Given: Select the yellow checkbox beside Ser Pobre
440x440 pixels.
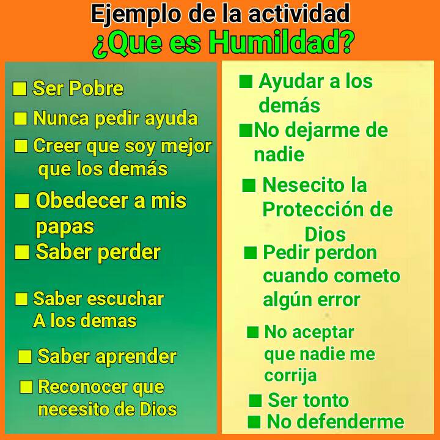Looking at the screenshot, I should tap(20, 89).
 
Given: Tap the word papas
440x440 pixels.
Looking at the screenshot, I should tap(65, 227).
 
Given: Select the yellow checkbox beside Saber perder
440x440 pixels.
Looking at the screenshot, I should tap(22, 252).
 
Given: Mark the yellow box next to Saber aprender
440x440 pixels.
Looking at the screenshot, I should tap(25, 357).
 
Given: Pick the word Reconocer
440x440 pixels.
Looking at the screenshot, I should tap(83, 387).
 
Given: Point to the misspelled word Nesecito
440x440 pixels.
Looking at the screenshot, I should tap(296, 185).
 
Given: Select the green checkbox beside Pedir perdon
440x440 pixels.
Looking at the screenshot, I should tap(250, 253).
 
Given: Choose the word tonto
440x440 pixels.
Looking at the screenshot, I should tap(326, 401).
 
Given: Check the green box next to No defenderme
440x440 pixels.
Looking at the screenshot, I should tap(255, 422).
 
